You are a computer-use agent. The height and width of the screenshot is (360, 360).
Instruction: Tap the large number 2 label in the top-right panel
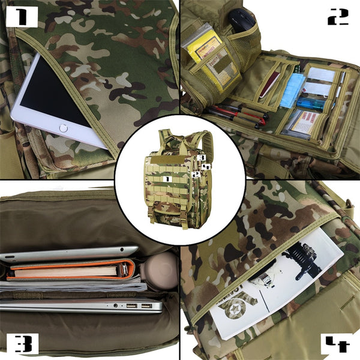338,17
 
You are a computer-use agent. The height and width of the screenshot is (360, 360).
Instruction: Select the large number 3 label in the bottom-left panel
23,343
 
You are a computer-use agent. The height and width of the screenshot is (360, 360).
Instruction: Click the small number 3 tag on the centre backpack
202,157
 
